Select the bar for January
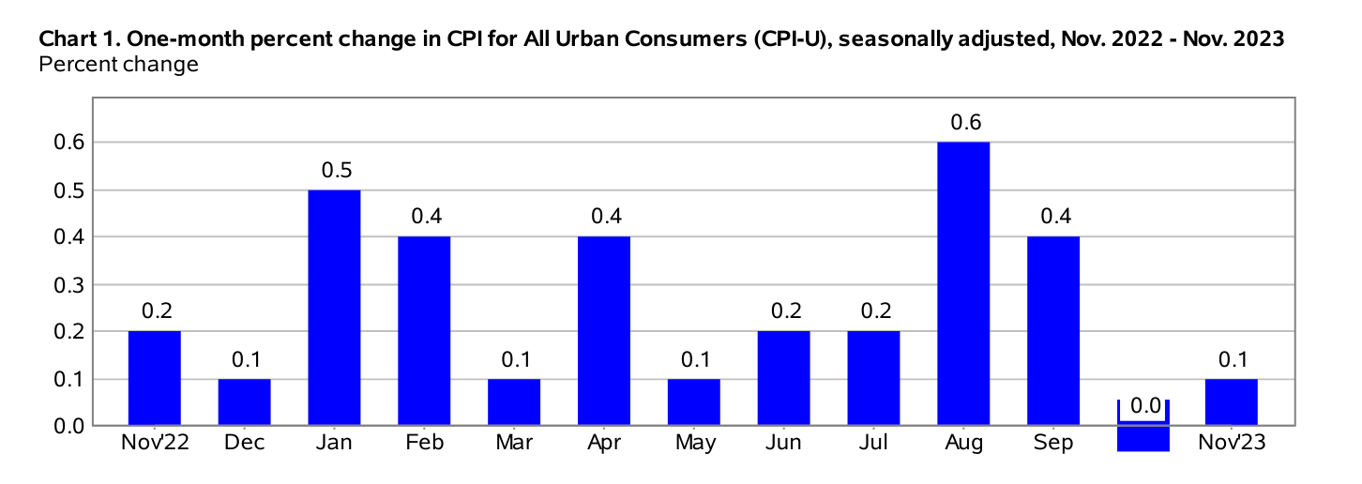pos(334,308)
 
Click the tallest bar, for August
pos(963,284)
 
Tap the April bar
pos(604,331)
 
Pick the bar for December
pos(245,402)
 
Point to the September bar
pos(1053,331)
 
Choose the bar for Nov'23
pos(1232,402)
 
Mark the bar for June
pos(783,379)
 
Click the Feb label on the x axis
pos(424,443)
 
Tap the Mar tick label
pos(514,443)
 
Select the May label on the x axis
pos(693,443)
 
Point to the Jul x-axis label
pos(873,443)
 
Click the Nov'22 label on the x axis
pos(155,443)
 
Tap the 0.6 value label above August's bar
pos(963,122)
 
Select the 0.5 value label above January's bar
pos(334,170)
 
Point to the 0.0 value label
pos(1143,406)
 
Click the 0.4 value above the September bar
pos(1053,217)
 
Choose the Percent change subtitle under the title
pos(117,65)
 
